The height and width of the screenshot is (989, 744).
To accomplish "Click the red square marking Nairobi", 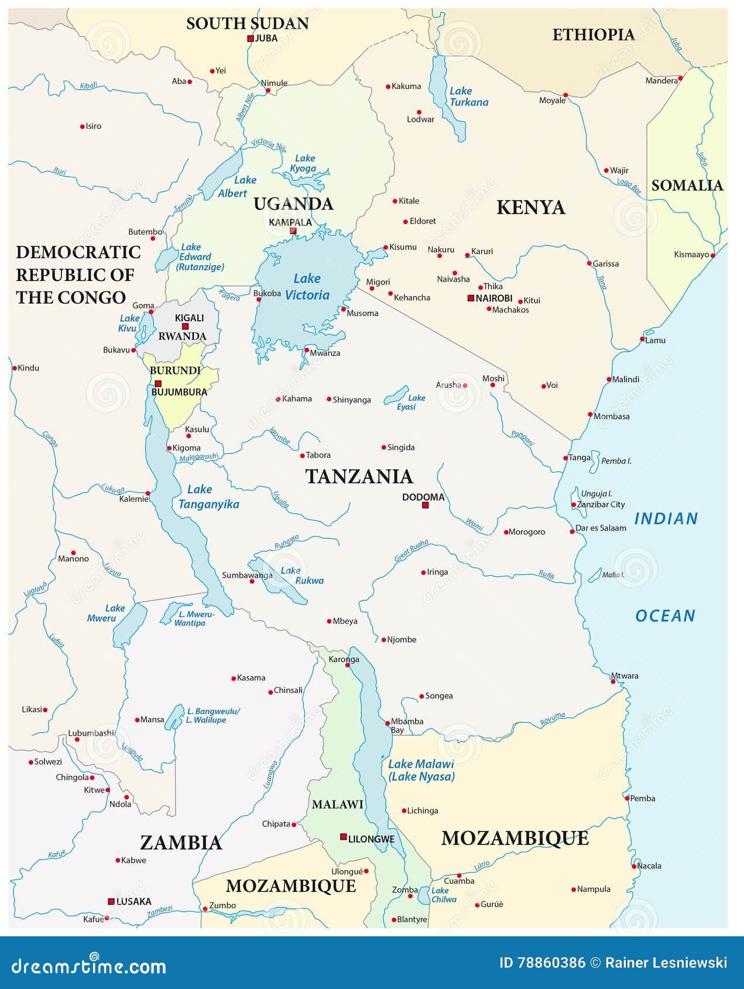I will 471,298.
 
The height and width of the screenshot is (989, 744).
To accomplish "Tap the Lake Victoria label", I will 307,287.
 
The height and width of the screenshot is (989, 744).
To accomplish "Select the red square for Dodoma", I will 426,505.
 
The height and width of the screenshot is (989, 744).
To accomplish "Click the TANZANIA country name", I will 359,476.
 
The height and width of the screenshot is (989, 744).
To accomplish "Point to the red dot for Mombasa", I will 590,414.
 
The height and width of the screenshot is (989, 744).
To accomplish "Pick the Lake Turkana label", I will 468,97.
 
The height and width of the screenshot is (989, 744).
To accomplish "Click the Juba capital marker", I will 251,39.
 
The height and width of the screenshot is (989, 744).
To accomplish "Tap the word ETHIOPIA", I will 593,35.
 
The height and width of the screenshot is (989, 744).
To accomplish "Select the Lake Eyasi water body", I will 397,395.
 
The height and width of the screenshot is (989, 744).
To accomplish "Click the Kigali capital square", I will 185,327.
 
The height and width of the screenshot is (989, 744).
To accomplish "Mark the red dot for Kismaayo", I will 713,255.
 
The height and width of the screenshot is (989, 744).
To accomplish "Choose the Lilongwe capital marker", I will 344,837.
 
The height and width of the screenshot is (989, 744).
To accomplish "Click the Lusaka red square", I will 111,901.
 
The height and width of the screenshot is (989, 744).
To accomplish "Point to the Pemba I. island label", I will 616,461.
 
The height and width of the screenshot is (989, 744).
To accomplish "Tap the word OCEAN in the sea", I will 665,616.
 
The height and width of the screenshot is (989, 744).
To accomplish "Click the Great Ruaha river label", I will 411,551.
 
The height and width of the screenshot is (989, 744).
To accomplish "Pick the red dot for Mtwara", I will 613,681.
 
